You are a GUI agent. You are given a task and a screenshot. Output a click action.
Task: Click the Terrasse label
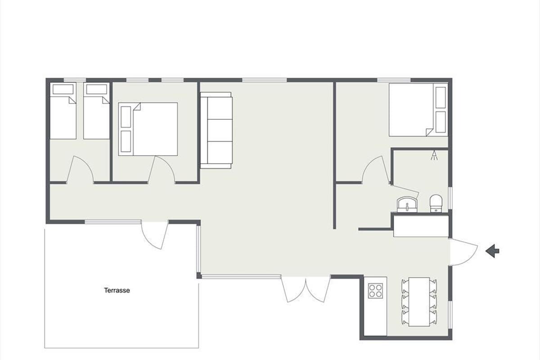point(117,290)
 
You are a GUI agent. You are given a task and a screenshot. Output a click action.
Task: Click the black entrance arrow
point(492,251)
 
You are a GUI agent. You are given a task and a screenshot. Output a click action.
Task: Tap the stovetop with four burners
point(375,291)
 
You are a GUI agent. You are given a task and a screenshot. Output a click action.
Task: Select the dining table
point(419,301)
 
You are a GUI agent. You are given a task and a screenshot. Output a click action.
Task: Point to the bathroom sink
point(407,204)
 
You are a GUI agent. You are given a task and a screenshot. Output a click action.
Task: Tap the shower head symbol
point(434,155)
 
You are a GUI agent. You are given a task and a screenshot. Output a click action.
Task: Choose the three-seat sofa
point(216,130)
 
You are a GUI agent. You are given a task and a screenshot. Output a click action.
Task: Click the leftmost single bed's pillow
point(63,89)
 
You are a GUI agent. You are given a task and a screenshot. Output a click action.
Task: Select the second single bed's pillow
point(97,89)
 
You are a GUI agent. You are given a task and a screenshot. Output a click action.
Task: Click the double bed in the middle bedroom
point(148,129)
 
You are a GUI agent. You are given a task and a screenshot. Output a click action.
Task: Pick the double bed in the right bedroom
point(418,110)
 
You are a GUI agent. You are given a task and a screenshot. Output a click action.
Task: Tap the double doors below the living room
point(306,289)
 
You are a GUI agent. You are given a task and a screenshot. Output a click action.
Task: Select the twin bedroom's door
point(80,170)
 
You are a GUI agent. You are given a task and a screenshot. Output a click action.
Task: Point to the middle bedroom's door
point(161,170)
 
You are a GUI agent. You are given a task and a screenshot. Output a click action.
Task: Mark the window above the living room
point(265,80)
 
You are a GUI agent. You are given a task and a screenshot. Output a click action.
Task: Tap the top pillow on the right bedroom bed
point(441,97)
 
